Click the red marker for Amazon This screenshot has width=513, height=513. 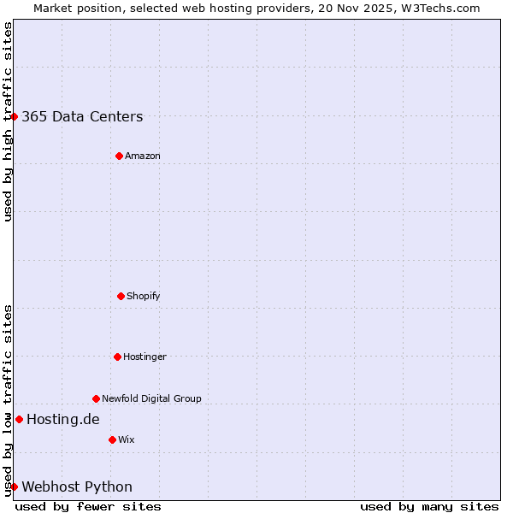119,156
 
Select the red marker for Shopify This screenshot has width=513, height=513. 121,296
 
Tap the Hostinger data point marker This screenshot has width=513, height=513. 117,357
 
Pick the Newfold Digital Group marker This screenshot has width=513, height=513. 96,398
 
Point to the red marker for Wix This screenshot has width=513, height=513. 112,439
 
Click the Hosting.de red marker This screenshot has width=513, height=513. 19,419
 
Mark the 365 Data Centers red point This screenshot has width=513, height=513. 15,116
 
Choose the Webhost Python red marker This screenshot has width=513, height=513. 15,486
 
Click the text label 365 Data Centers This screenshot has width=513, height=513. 82,117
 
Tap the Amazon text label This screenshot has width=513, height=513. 143,156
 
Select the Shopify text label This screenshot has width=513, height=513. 144,296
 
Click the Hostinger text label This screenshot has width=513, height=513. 144,357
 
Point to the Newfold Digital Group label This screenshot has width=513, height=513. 151,398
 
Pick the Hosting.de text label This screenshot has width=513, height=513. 63,419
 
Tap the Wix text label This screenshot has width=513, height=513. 127,439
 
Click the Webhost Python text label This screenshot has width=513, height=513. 77,487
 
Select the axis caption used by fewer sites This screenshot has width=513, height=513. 88,506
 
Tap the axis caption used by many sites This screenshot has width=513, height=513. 429,506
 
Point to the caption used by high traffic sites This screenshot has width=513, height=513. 8,121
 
